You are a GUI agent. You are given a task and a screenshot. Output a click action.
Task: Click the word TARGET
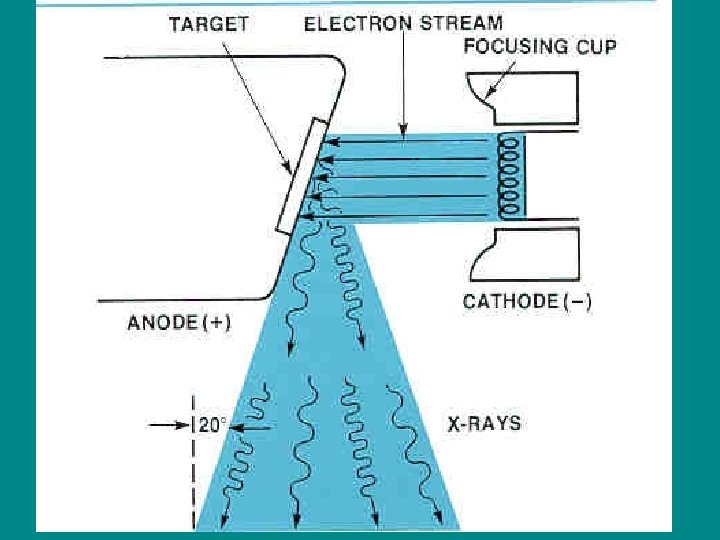tap(208, 24)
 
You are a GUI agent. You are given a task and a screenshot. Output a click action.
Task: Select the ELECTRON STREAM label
tap(404, 21)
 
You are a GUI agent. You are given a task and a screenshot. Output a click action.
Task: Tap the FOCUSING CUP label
tap(539, 46)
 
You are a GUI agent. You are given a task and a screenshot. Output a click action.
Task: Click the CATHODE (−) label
tap(527, 301)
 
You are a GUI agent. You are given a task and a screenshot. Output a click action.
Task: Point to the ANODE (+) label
tap(179, 322)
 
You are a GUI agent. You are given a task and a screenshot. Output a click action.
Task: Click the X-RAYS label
tap(483, 423)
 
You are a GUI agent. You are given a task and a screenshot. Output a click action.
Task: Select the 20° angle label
tap(212, 425)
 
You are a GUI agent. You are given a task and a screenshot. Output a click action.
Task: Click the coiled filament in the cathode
tap(510, 176)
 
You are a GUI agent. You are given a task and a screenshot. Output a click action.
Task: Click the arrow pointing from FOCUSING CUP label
tap(500, 80)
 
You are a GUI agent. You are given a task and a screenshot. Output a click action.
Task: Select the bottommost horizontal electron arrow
tap(400, 215)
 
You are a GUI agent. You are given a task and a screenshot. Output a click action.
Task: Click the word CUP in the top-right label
tap(596, 46)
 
